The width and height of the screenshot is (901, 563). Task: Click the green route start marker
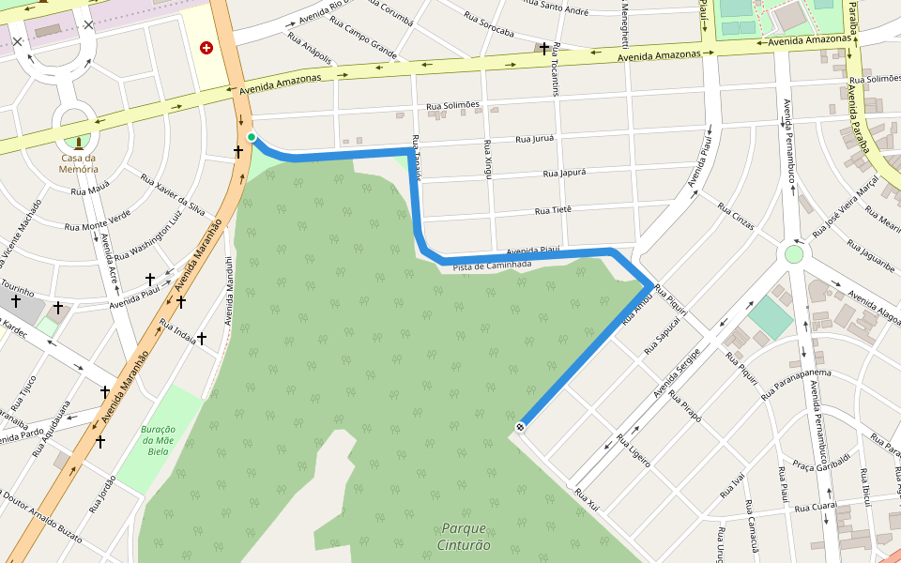(x=252, y=138)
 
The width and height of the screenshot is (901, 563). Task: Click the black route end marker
(x=519, y=428)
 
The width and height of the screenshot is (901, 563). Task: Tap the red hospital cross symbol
(x=206, y=47)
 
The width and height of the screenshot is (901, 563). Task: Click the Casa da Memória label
(x=79, y=163)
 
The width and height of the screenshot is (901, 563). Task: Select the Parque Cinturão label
(x=464, y=536)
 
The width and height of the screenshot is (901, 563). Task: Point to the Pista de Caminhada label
(x=492, y=266)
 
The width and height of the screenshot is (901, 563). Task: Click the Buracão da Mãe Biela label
(x=159, y=440)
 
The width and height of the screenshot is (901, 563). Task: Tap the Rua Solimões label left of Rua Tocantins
(x=452, y=105)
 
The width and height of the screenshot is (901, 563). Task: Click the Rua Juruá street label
(x=535, y=139)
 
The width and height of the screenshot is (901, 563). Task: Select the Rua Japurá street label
(x=564, y=173)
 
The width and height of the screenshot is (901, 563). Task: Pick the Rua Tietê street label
(x=553, y=210)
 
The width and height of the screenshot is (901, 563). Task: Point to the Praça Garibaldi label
(x=820, y=461)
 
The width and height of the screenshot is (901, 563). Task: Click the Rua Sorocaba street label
(x=489, y=24)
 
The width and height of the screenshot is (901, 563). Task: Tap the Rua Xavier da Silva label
(x=173, y=194)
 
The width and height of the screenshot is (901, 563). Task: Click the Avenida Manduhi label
(x=228, y=291)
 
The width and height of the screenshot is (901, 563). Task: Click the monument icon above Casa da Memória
(x=78, y=143)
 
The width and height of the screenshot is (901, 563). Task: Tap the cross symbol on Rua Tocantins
(x=544, y=47)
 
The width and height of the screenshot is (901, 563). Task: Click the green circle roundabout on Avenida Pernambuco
(x=794, y=253)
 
